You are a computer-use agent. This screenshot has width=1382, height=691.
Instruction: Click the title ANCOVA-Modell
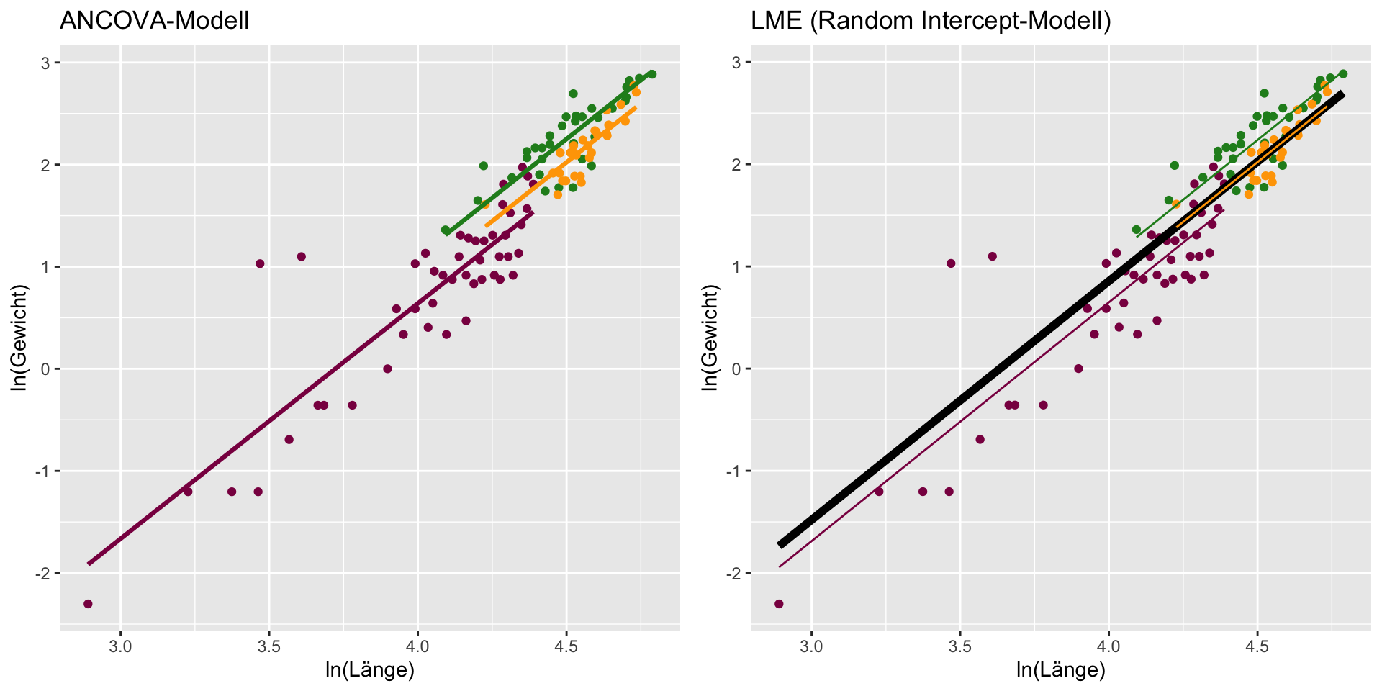(x=154, y=22)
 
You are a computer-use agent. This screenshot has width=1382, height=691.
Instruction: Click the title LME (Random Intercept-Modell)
(x=931, y=22)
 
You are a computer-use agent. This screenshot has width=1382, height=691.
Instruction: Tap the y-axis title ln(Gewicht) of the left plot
(x=19, y=338)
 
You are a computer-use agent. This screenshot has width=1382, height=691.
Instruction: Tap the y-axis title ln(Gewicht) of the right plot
(x=710, y=338)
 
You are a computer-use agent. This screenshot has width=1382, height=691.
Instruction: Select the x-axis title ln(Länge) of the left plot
(x=369, y=670)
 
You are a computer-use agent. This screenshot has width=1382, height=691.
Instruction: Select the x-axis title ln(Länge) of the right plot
(x=1060, y=670)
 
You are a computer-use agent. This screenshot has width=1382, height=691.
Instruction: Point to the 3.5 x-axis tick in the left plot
(x=269, y=643)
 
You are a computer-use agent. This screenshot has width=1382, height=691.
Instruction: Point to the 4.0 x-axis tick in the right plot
(x=1108, y=643)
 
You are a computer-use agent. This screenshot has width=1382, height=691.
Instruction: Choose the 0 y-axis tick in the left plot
(x=48, y=369)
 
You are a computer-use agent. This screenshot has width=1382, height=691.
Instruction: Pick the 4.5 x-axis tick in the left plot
(x=566, y=643)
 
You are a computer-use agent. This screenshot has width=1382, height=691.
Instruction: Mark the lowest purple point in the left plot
(x=88, y=604)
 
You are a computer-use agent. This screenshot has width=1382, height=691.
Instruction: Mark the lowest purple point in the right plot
(x=779, y=604)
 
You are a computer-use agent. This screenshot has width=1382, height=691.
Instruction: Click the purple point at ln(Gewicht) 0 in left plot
(x=387, y=369)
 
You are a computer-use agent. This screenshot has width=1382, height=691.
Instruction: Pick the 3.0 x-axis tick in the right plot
(x=811, y=643)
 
